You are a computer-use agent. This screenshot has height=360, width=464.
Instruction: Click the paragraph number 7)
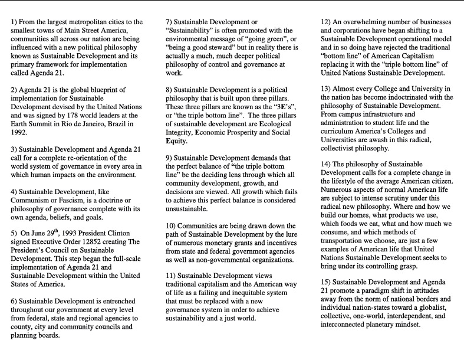[171, 22]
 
